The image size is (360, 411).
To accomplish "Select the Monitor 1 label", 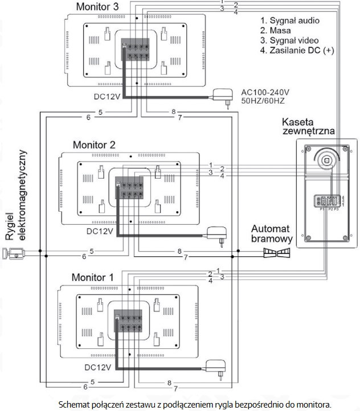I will pyautogui.click(x=92, y=277).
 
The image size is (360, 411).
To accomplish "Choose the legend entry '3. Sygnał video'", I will pyautogui.click(x=289, y=40).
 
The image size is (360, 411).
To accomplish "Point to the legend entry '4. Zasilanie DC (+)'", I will pyautogui.click(x=296, y=50).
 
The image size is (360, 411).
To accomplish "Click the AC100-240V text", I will pyautogui.click(x=265, y=92).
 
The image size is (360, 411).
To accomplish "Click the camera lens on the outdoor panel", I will pyautogui.click(x=328, y=160).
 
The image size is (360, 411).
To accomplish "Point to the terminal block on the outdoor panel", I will pyautogui.click(x=329, y=202).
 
